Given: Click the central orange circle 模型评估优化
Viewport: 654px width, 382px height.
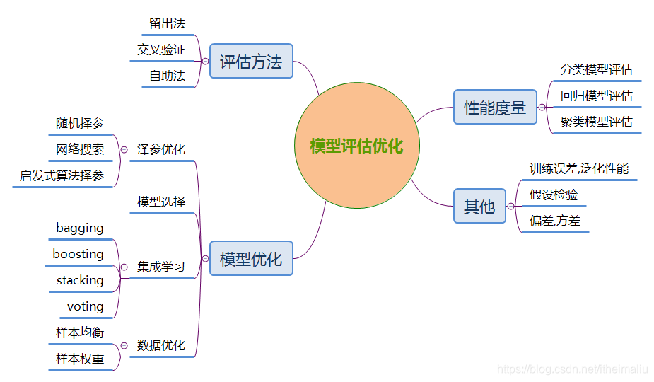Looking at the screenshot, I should click(357, 146).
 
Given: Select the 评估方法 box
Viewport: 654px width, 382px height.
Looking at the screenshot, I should click(251, 62).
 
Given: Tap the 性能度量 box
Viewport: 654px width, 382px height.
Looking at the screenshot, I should click(495, 108).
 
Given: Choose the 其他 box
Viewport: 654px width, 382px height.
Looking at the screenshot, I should click(479, 207).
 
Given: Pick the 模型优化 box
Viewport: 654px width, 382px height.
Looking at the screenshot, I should click(251, 259).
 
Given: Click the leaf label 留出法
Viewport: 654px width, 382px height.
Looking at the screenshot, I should click(167, 23).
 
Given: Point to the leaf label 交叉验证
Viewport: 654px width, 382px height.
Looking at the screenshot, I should click(161, 50).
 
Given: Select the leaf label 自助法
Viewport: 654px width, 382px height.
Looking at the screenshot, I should click(167, 76).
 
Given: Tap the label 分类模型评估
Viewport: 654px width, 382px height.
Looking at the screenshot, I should click(596, 69).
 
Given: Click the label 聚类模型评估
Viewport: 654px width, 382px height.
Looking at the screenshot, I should click(596, 122).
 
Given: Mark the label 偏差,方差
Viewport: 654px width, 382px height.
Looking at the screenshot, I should click(555, 221).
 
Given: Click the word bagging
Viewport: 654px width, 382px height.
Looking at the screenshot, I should click(80, 228).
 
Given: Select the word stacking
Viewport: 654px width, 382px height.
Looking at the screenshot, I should click(80, 280).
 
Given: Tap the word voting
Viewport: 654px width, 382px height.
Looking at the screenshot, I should click(85, 306).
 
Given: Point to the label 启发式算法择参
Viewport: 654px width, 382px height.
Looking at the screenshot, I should click(62, 175).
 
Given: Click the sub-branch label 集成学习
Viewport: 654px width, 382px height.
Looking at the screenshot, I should click(161, 267).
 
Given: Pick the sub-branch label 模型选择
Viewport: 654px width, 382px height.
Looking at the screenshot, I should click(161, 202).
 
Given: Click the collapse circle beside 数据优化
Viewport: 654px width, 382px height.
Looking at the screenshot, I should click(123, 345).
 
